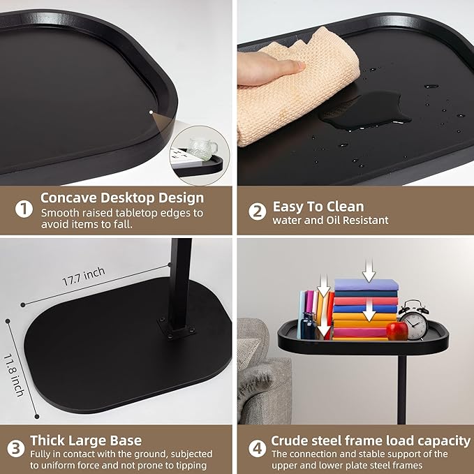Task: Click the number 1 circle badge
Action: pos(24,209)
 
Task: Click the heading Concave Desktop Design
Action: pos(122,198)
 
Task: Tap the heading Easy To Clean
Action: pos(318,206)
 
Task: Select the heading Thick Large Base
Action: pos(86,440)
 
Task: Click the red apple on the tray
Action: pos(397,330)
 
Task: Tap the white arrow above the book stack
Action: pos(369,268)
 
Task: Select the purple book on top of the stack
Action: pos(366,285)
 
